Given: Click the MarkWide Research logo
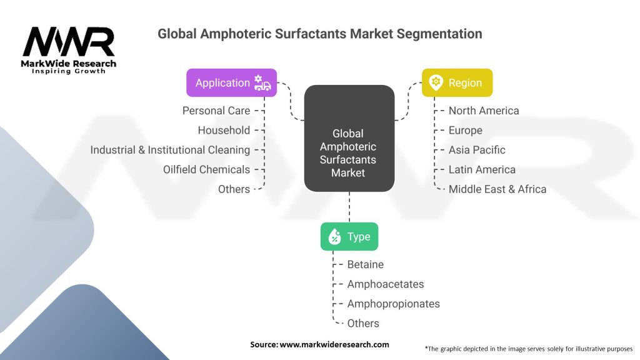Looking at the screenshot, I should pyautogui.click(x=69, y=50).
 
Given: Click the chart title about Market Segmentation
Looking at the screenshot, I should pyautogui.click(x=319, y=34).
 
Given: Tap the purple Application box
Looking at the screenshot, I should pyautogui.click(x=231, y=82).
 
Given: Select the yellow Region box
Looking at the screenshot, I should pyautogui.click(x=457, y=82).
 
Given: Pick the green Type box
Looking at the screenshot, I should pyautogui.click(x=349, y=237).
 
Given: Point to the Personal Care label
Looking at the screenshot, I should pyautogui.click(x=216, y=111).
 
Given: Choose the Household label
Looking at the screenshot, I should pyautogui.click(x=224, y=130).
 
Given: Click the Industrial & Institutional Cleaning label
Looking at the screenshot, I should pyautogui.click(x=170, y=150).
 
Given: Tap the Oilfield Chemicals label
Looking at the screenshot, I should pyautogui.click(x=206, y=169).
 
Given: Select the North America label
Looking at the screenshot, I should pyautogui.click(x=484, y=111).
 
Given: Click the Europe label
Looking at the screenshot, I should pyautogui.click(x=466, y=130).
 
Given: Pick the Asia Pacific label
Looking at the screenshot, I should pyautogui.click(x=477, y=150).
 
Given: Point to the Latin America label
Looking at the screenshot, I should pyautogui.click(x=482, y=169).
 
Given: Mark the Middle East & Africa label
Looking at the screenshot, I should pyautogui.click(x=497, y=189).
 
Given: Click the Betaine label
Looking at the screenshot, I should pyautogui.click(x=366, y=264).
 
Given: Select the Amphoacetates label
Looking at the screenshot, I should pyautogui.click(x=386, y=284).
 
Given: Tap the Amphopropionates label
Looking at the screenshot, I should pyautogui.click(x=394, y=304).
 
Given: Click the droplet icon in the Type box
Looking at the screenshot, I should pyautogui.click(x=334, y=237).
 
